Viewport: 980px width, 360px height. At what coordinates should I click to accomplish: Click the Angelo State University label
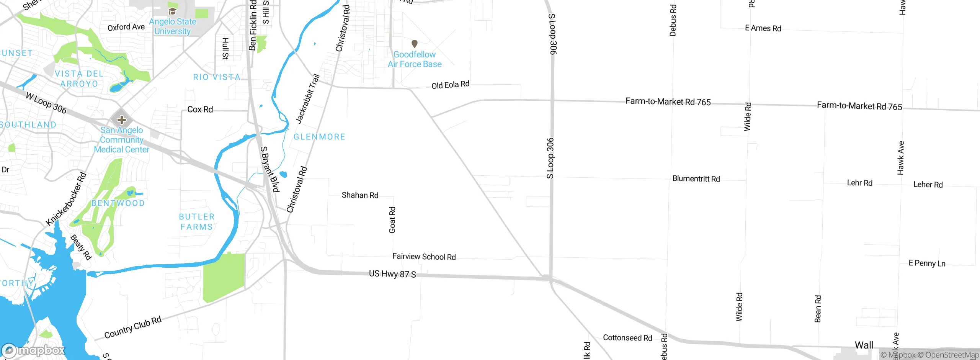point(172,26)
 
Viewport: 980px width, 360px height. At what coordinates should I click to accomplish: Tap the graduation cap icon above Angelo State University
point(172,11)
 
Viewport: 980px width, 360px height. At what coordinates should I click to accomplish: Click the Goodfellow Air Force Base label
point(415,59)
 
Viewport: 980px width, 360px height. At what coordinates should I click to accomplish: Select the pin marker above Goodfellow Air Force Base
point(414,44)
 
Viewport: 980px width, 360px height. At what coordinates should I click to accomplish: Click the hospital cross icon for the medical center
point(122,120)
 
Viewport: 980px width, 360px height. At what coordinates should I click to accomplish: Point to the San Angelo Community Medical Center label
point(122,140)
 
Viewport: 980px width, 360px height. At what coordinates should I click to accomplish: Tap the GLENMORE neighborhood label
point(319,137)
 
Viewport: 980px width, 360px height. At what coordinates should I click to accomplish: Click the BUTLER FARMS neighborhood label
point(197,222)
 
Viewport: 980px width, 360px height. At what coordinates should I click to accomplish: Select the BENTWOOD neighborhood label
point(118,203)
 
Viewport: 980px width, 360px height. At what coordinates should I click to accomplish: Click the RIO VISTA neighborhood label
point(217,77)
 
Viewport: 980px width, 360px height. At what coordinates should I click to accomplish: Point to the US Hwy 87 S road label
point(392,274)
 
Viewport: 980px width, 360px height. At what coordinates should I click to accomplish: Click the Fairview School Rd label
point(424,257)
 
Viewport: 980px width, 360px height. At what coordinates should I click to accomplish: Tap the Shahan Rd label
point(360,195)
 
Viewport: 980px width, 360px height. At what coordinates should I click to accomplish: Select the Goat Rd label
point(392,220)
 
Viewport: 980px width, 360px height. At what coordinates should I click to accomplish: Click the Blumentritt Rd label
point(696,179)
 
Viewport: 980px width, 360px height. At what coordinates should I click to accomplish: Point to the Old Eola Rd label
point(450,85)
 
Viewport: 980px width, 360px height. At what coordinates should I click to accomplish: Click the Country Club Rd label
point(133,327)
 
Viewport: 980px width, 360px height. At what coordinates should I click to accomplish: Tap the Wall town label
point(864,345)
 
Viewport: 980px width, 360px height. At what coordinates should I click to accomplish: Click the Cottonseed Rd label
point(627,338)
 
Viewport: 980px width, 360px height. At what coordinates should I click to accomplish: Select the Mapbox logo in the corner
point(33,350)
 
